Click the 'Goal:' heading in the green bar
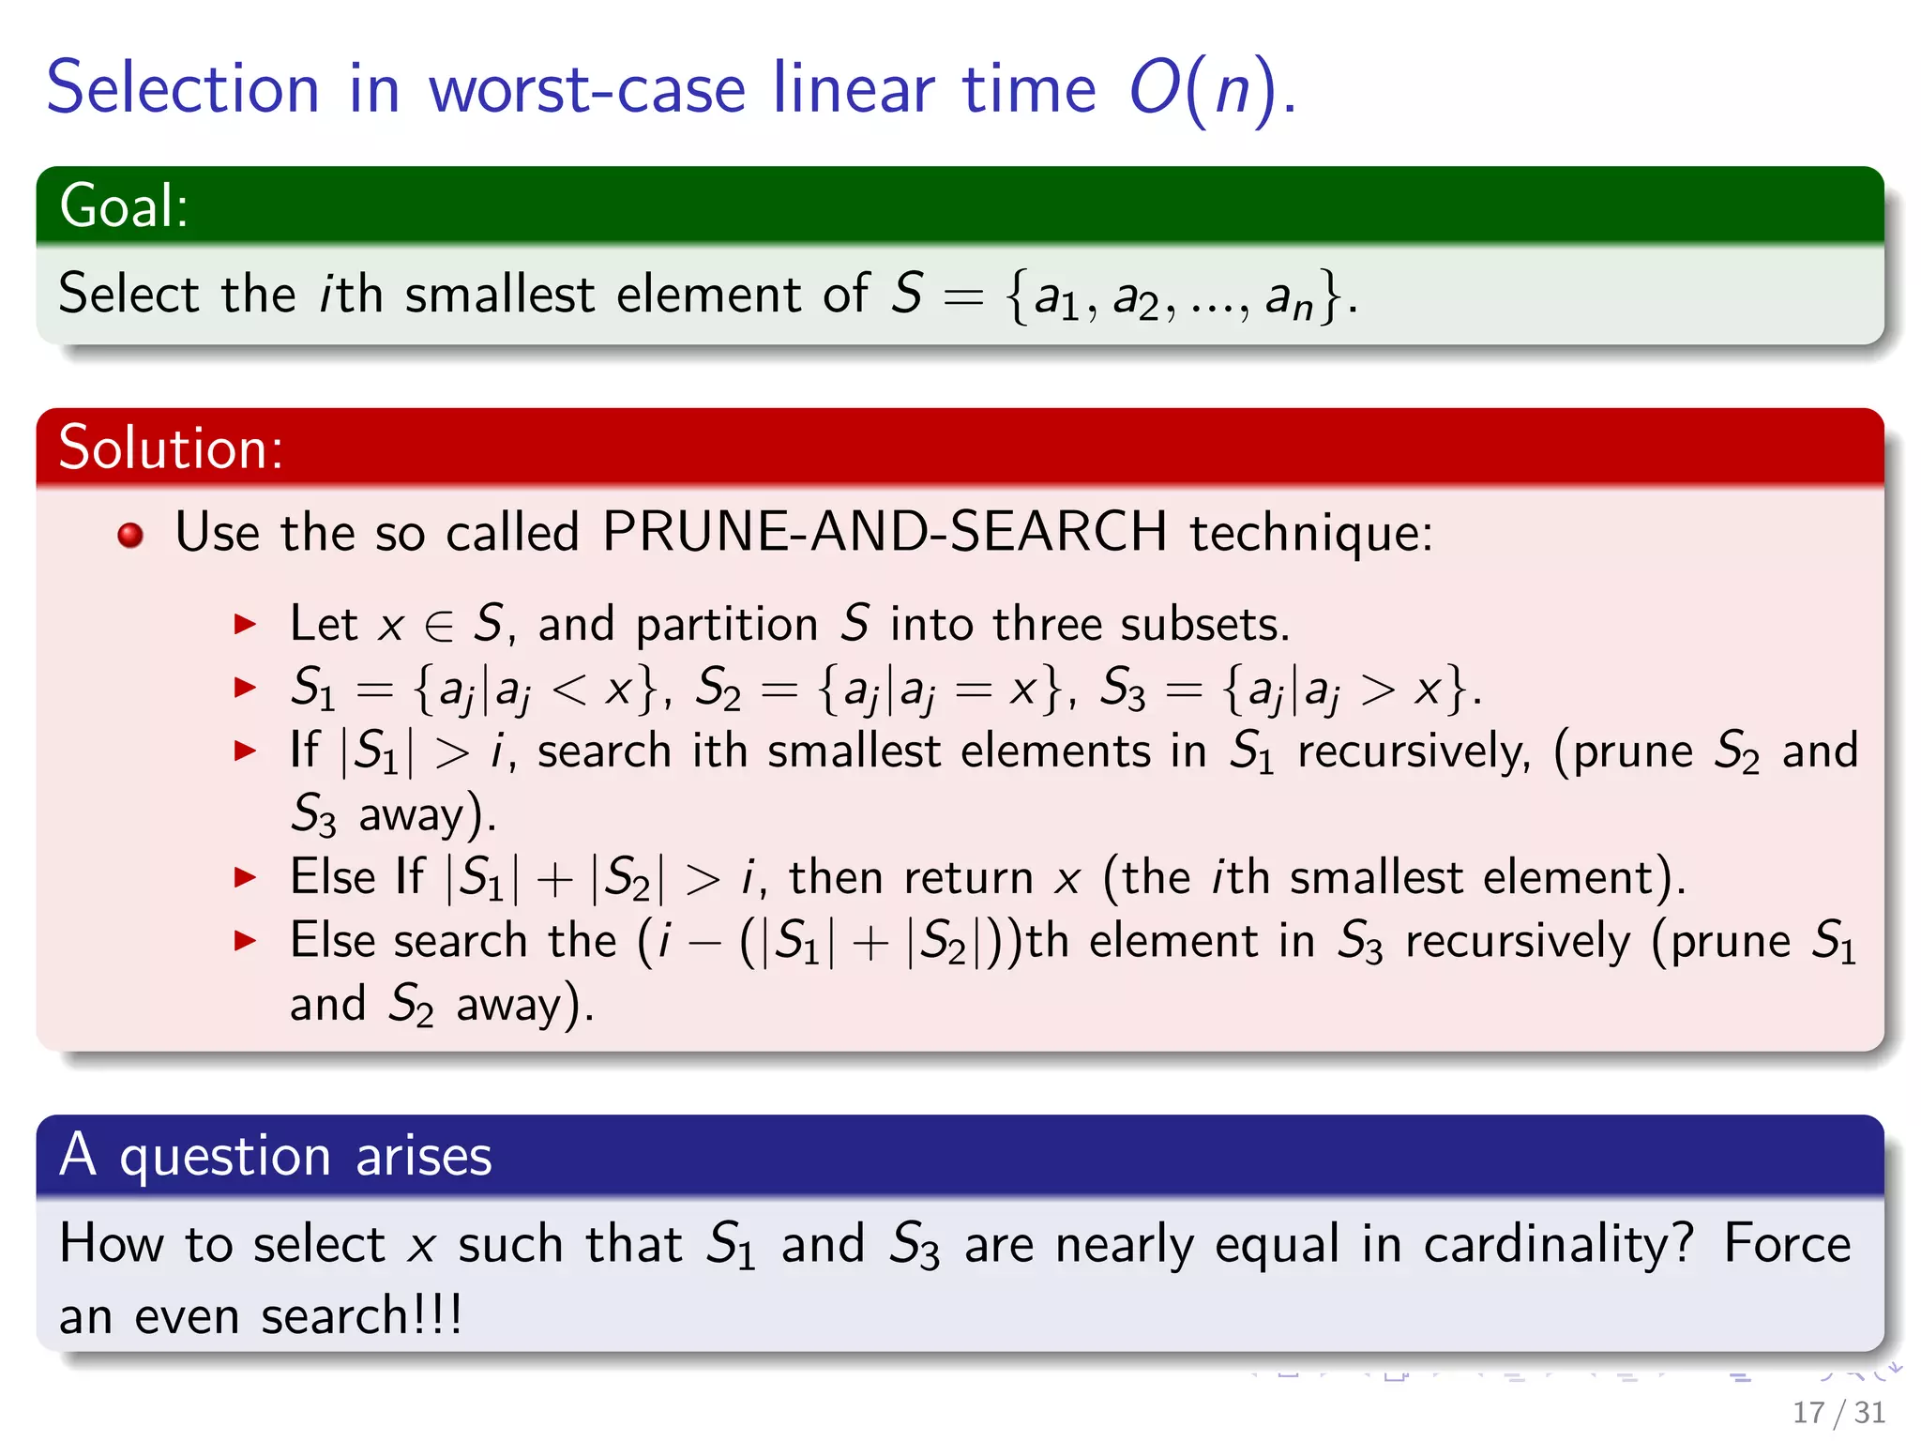(124, 205)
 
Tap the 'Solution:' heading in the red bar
(171, 447)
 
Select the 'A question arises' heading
(275, 1155)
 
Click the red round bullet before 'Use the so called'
(130, 535)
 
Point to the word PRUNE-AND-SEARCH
(885, 532)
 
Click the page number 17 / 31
(1838, 1412)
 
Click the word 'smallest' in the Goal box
(500, 294)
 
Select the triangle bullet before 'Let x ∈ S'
(246, 624)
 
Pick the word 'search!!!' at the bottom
(362, 1315)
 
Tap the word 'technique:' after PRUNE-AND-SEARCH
(1311, 532)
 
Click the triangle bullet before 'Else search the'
(246, 940)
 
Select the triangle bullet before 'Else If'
(246, 877)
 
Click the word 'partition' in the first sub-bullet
(727, 626)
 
